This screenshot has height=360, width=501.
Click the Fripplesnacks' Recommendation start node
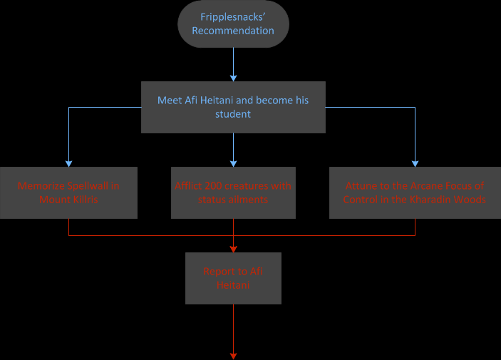(x=233, y=24)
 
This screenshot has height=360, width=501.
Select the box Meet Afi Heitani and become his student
(x=233, y=107)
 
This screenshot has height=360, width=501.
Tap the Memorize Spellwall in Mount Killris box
(x=68, y=192)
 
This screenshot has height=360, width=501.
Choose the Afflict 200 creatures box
(x=233, y=192)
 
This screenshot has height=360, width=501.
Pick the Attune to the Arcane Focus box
(x=414, y=192)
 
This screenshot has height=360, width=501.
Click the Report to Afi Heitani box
(x=233, y=278)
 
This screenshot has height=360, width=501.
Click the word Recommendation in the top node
(x=233, y=31)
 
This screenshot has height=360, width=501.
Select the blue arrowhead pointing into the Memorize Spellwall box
(x=68, y=163)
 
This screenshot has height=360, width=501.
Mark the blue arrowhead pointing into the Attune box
(x=414, y=163)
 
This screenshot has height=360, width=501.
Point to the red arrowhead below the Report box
(x=233, y=354)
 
